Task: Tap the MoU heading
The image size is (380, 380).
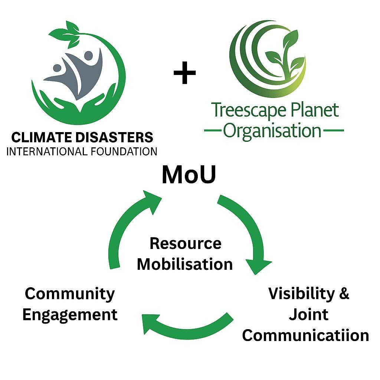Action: pos(189,175)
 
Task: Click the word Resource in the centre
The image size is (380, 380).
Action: pos(185,244)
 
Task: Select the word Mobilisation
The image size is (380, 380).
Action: pos(185,264)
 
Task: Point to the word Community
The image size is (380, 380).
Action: pos(70,294)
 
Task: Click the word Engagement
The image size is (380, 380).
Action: pos(70,315)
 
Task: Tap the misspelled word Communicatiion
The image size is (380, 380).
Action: pos(305,335)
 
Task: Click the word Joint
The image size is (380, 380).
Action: pos(309,315)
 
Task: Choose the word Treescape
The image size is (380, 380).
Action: pos(241,111)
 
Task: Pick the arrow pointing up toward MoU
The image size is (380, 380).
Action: pos(128,226)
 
